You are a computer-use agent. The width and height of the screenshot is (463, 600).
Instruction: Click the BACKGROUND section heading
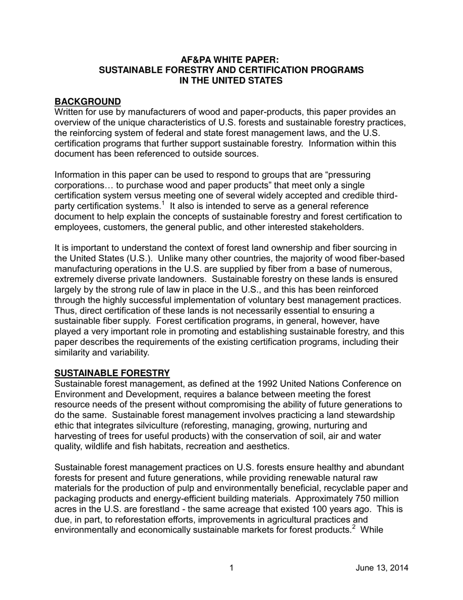(x=88, y=101)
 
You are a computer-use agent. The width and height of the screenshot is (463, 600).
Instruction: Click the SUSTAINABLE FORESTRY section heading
(x=112, y=373)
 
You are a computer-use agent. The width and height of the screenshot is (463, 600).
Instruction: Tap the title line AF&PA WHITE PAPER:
(x=231, y=60)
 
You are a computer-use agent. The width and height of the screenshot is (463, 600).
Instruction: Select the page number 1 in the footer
(x=231, y=567)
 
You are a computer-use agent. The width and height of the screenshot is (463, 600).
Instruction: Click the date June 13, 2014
(x=382, y=567)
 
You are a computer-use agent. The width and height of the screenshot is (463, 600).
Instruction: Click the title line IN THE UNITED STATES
(x=231, y=80)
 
